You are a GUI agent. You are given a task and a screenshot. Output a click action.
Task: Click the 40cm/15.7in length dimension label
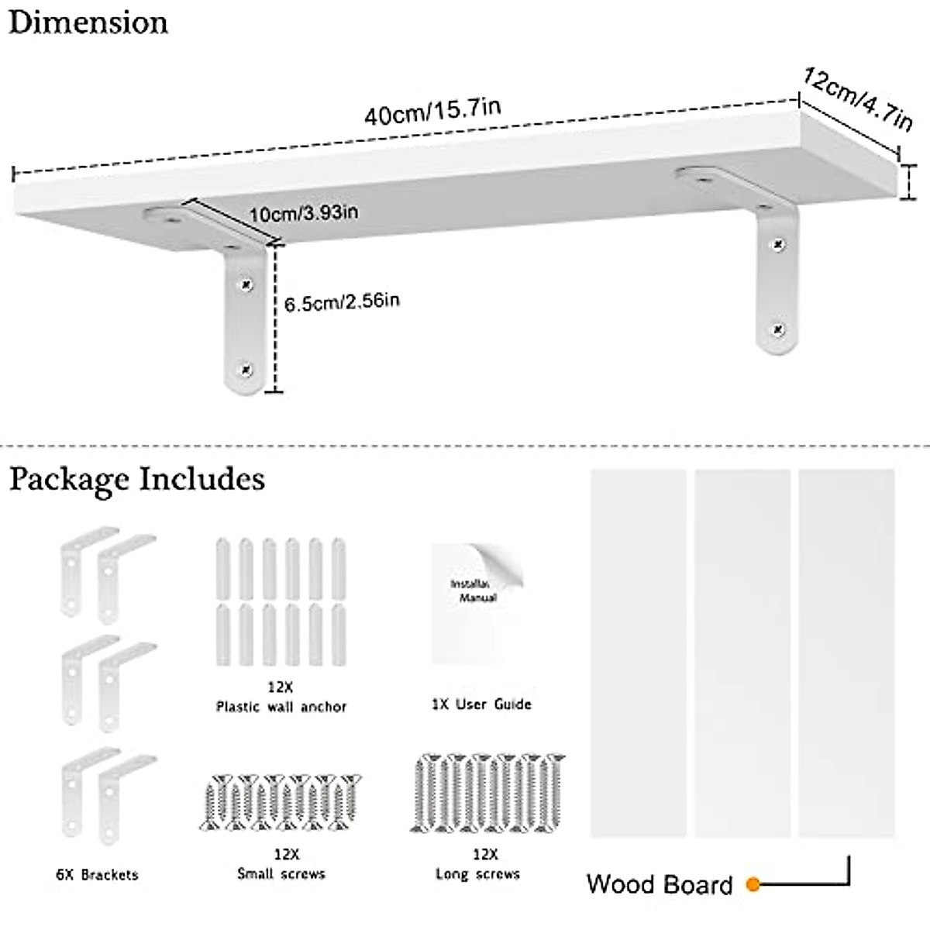(x=432, y=112)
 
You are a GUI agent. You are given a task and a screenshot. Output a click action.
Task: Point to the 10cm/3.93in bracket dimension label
(x=303, y=212)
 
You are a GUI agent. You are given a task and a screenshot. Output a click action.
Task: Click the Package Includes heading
(x=137, y=479)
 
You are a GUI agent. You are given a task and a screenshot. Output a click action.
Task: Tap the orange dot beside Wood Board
(x=753, y=883)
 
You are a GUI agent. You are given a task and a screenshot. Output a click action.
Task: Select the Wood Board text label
(x=659, y=884)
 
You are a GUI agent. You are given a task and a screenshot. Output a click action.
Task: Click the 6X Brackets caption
(x=97, y=874)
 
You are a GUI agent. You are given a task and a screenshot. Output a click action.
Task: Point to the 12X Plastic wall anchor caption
(x=281, y=697)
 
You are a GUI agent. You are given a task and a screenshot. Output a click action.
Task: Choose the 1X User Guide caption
(x=481, y=704)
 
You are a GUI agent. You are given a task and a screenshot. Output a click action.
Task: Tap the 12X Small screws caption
(x=281, y=864)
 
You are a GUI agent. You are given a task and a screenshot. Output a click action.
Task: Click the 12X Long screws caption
(x=477, y=864)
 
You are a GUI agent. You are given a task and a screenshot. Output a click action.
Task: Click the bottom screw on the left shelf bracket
(x=246, y=369)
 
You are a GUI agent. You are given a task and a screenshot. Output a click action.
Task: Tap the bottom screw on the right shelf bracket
(x=778, y=329)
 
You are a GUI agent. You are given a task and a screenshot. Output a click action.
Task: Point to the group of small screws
(x=281, y=802)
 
